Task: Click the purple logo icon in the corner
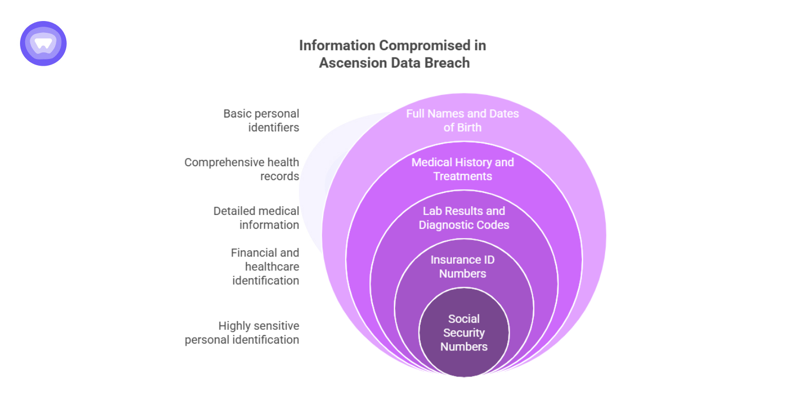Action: click(43, 43)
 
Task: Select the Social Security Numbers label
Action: click(464, 332)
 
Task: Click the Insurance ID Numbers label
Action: click(463, 267)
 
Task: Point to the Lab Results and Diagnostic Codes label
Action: click(464, 218)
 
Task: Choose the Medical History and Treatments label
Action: click(463, 169)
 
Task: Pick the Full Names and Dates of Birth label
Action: click(463, 121)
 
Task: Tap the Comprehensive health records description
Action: click(241, 169)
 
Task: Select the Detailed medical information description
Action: click(256, 218)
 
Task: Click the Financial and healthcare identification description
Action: click(265, 267)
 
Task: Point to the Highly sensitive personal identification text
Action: click(242, 332)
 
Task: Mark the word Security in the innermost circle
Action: click(464, 332)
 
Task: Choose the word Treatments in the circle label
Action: click(463, 176)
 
